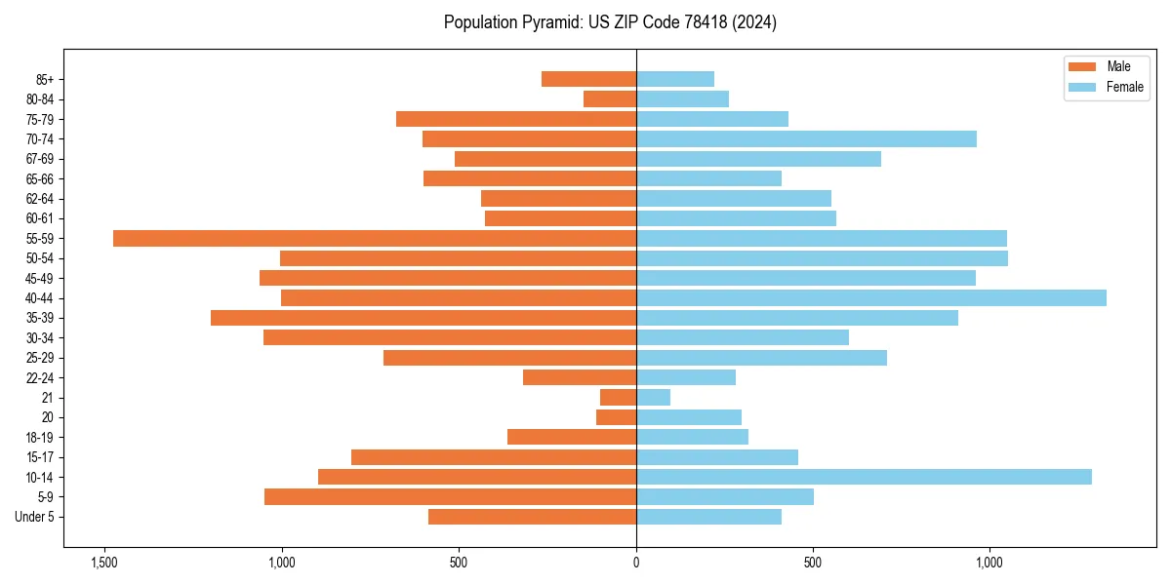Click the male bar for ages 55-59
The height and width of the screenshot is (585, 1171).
[x=375, y=238]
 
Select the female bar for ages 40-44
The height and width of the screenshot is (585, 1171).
[x=871, y=297]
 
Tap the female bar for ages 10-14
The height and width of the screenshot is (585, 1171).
[x=864, y=477]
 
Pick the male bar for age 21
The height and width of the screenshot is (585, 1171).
[x=618, y=397]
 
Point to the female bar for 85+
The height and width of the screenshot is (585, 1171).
[x=675, y=79]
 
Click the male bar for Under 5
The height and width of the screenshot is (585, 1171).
[x=532, y=517]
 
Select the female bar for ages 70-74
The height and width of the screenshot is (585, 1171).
[x=806, y=138]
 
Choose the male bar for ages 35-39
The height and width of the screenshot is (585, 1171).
[x=424, y=318]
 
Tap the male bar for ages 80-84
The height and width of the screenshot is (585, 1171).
[x=610, y=98]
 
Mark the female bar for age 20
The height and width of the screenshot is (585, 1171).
[x=689, y=417]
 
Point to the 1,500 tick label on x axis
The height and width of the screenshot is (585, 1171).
[x=104, y=562]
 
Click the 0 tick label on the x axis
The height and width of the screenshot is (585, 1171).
[x=636, y=562]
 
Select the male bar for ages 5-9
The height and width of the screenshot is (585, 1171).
[x=450, y=496]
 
